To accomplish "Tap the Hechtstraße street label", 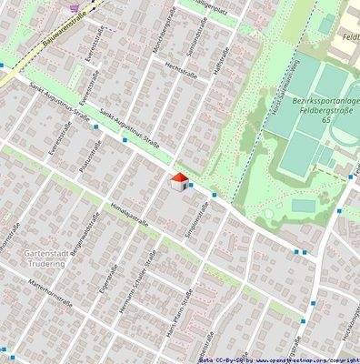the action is coord(181,68).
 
